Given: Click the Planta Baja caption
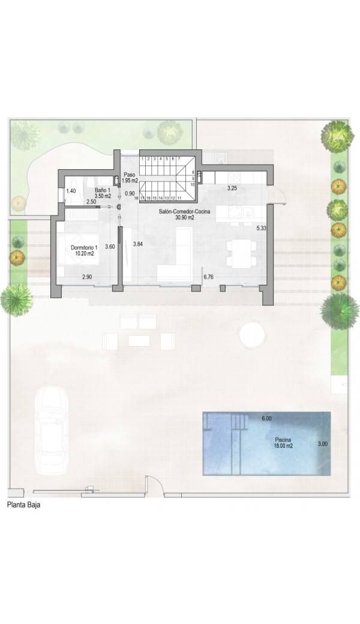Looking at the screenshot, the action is point(23,505).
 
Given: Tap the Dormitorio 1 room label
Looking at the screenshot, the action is point(82,250).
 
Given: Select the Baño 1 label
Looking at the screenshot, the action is point(103,193).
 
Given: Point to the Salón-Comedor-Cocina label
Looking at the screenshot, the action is point(185,215).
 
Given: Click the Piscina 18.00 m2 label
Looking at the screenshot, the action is point(284,443).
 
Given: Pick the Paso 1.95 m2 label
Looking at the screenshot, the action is point(130,178).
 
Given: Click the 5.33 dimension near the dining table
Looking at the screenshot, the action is point(262,228).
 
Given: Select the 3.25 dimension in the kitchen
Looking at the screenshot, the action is point(232,188).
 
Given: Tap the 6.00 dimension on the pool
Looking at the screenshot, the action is point(266,418).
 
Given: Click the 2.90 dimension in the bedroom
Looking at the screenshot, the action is point(87,277).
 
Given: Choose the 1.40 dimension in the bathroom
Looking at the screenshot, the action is point(71,191).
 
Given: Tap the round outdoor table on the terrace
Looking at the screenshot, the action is point(252,335).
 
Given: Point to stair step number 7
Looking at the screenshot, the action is point(179,158).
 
